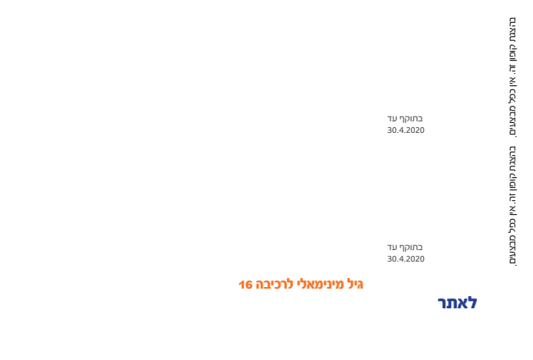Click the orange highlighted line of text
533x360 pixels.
coord(301,285)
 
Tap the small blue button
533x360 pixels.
coord(457,303)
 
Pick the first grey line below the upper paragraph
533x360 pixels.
coord(405,119)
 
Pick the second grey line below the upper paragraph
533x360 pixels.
coord(405,130)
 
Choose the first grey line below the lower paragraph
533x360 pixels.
coord(405,247)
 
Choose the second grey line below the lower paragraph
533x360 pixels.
coord(405,258)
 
